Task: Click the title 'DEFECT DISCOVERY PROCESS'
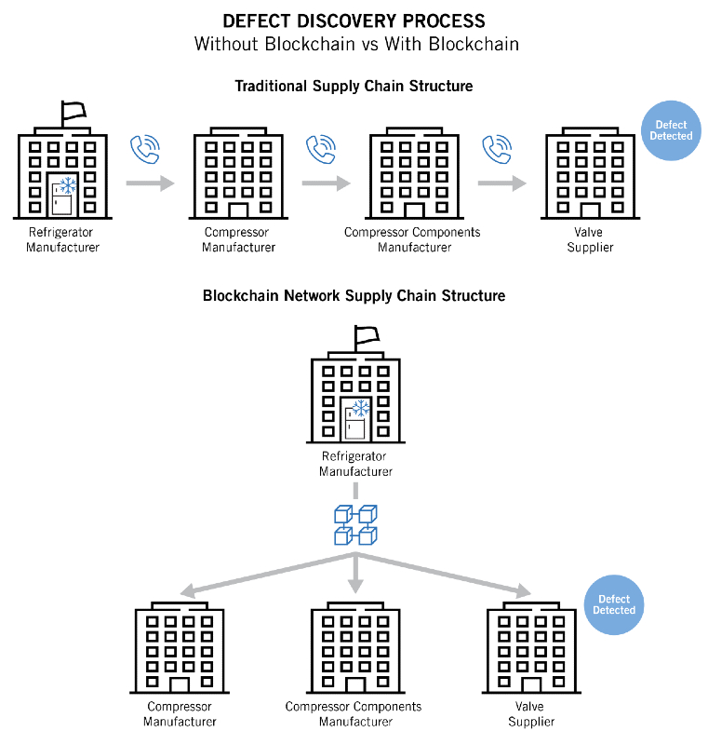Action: pyautogui.click(x=353, y=20)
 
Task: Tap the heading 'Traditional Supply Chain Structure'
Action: pyautogui.click(x=354, y=86)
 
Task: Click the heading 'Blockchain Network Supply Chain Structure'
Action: pyautogui.click(x=354, y=295)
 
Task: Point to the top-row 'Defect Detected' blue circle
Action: pyautogui.click(x=673, y=130)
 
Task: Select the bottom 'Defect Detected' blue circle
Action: pyautogui.click(x=614, y=604)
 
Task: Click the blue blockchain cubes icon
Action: pyautogui.click(x=354, y=524)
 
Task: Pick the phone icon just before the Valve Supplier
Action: pyautogui.click(x=497, y=149)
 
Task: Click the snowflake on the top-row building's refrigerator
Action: pyautogui.click(x=67, y=184)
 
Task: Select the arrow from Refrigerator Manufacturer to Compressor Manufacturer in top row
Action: pyautogui.click(x=151, y=183)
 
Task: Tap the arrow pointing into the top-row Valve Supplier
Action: pyautogui.click(x=502, y=183)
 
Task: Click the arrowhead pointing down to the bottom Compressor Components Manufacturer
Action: pyautogui.click(x=354, y=585)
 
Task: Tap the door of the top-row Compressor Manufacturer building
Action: pyautogui.click(x=238, y=210)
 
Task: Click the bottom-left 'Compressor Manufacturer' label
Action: pyautogui.click(x=180, y=714)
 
